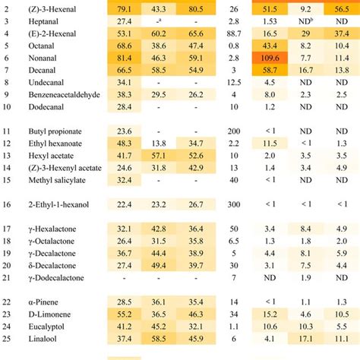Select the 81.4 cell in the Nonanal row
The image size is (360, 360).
(x=125, y=58)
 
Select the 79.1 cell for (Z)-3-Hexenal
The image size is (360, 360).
(x=125, y=8)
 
